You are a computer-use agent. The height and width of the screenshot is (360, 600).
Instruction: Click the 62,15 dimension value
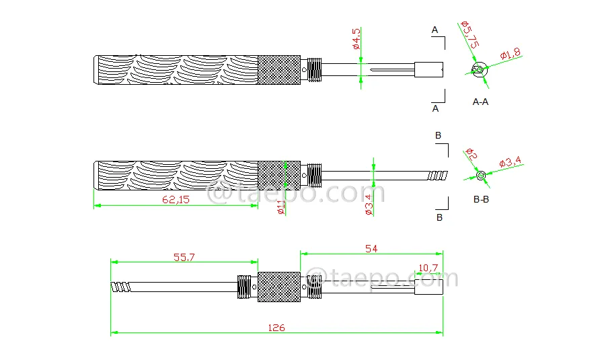click(176, 200)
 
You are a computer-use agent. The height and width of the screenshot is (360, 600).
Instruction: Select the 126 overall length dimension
click(276, 328)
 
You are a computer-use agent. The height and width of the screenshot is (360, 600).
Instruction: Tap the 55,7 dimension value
click(184, 257)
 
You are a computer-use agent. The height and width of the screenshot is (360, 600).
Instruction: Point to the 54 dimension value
click(371, 249)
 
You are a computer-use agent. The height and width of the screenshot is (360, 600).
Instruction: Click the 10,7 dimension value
click(428, 268)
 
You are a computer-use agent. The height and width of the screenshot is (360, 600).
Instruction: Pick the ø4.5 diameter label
click(357, 38)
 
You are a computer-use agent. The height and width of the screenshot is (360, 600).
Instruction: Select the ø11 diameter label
click(281, 207)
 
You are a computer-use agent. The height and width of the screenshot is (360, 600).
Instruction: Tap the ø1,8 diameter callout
click(511, 54)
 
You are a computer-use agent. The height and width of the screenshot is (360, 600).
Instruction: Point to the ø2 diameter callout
click(472, 154)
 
